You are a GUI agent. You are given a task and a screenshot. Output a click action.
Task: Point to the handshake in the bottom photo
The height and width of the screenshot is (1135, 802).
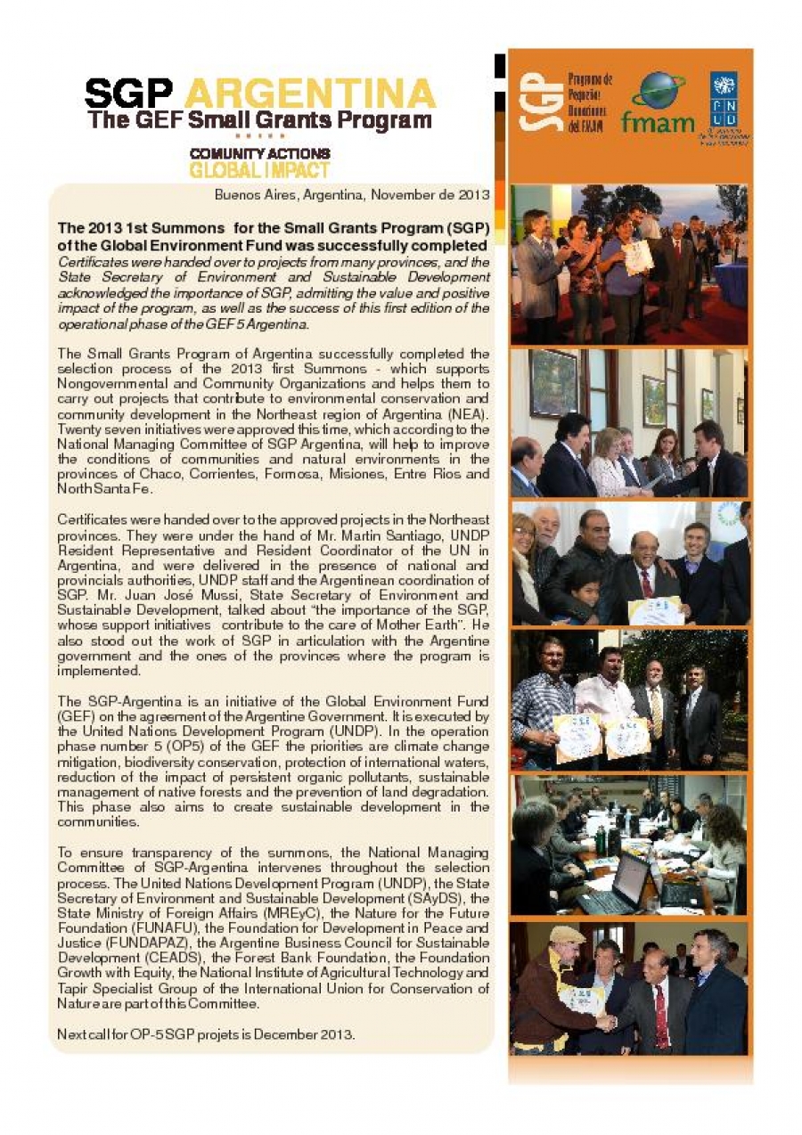coord(605,1022)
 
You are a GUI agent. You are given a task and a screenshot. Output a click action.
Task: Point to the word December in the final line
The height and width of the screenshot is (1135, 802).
coord(283,1034)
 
